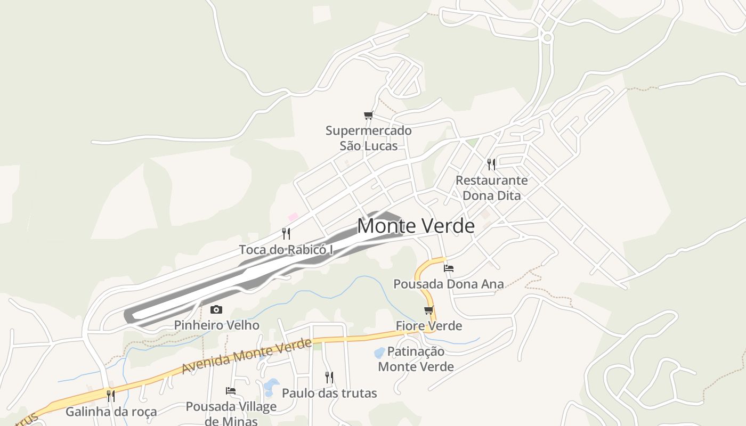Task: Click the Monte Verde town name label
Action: [x=416, y=226]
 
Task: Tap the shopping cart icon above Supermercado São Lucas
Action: [x=368, y=115]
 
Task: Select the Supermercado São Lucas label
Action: [x=369, y=138]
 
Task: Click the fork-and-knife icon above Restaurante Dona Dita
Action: [x=491, y=164]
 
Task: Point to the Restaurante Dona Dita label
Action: [x=491, y=187]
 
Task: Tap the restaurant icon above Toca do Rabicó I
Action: [x=286, y=233]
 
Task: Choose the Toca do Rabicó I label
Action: [x=286, y=249]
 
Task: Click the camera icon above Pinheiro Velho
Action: [x=216, y=309]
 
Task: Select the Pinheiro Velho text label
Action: [x=217, y=325]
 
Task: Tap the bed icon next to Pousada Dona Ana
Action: [x=449, y=268]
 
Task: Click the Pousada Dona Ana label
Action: [x=449, y=284]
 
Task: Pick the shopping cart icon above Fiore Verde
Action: [x=428, y=310]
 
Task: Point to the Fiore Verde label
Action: [x=429, y=325]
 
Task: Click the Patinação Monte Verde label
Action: [x=416, y=359]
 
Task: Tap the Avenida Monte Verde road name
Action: [x=246, y=356]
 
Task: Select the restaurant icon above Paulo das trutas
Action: [x=329, y=378]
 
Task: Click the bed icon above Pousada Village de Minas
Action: [x=231, y=391]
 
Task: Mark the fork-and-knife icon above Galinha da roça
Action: [x=111, y=396]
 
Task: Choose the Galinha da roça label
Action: [x=111, y=412]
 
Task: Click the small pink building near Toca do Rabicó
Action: [x=293, y=217]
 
